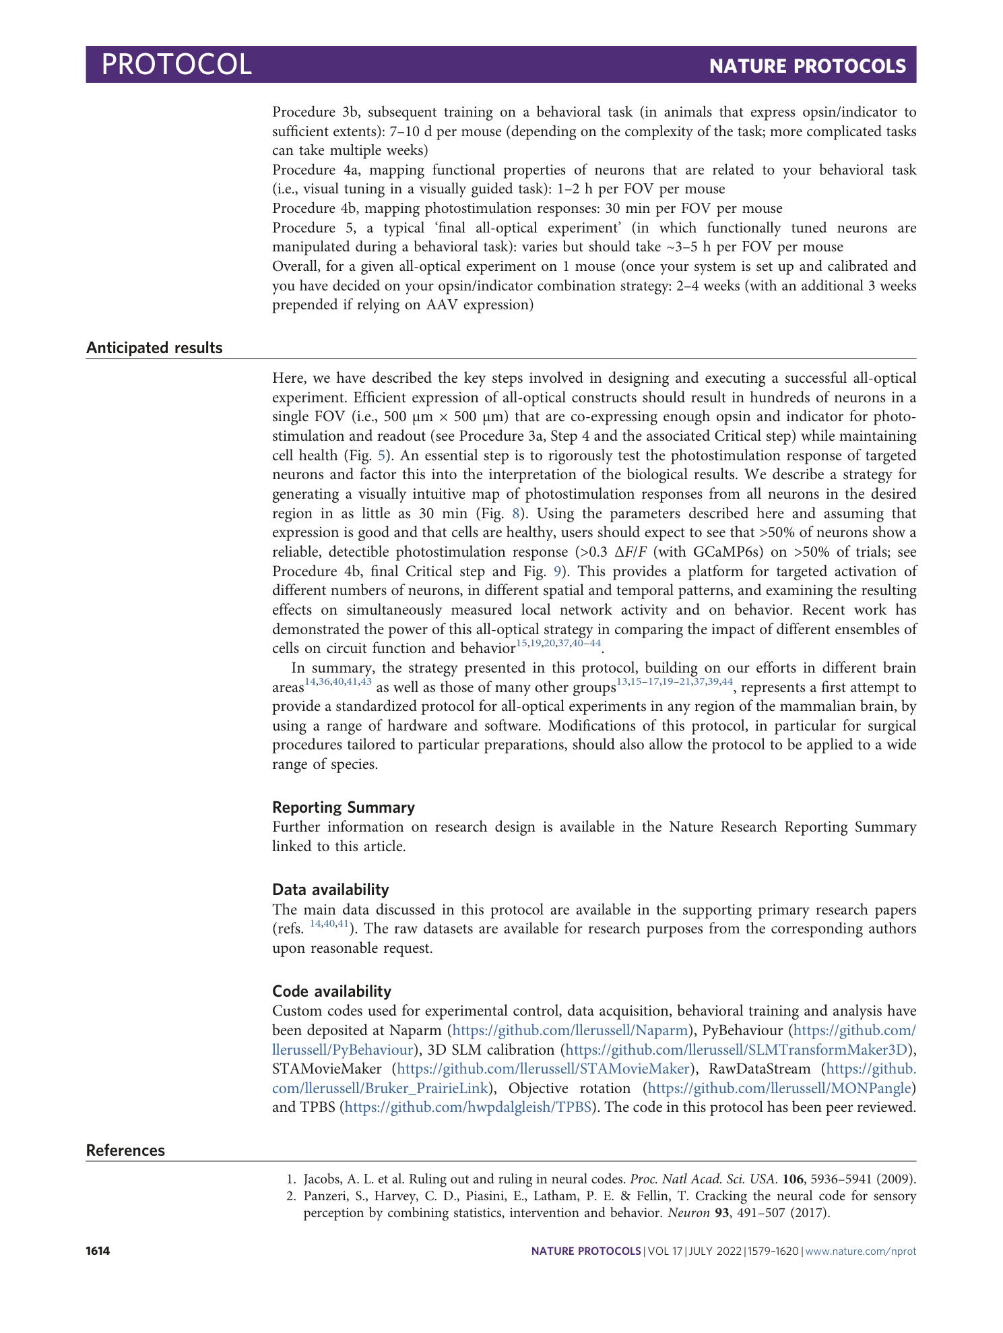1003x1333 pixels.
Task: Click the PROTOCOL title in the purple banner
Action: coord(176,65)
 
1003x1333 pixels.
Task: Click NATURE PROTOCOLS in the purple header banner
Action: coord(807,66)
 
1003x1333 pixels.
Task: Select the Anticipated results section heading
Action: coord(154,348)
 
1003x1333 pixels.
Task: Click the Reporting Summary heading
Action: coord(343,807)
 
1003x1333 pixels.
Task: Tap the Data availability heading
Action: coord(330,890)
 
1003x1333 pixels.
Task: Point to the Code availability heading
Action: coord(331,991)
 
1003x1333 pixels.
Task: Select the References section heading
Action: coord(125,1150)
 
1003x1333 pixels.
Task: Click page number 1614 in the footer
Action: coord(98,1251)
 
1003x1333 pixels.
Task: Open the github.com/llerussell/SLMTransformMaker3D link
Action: coord(737,1050)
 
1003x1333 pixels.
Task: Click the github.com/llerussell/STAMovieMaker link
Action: coord(544,1069)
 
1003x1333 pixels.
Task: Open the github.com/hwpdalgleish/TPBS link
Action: coord(468,1107)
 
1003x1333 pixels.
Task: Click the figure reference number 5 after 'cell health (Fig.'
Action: coord(381,456)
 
